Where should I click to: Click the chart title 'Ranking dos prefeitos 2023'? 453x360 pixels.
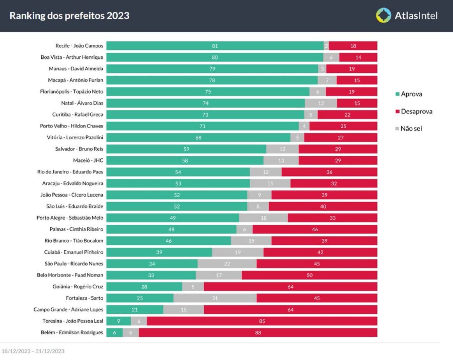[x=69, y=16]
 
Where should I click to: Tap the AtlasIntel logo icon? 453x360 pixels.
[x=383, y=16]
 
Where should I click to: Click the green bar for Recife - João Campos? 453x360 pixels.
[x=215, y=46]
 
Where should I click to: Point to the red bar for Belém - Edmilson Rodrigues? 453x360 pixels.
[x=258, y=333]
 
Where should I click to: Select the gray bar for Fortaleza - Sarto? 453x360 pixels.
[x=215, y=298]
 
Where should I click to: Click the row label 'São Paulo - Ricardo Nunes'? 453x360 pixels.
[x=74, y=264]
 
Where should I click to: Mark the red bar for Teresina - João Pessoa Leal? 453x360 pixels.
[x=262, y=321]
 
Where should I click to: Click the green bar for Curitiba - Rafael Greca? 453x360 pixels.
[x=205, y=115]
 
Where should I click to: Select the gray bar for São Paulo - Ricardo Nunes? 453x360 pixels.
[x=227, y=264]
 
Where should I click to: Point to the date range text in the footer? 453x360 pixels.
[x=33, y=351]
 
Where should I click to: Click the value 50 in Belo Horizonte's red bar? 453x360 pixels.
[x=309, y=275]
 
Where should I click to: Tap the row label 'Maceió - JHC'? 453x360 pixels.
[x=88, y=160]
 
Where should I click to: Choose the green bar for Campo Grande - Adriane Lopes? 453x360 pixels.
[x=135, y=310]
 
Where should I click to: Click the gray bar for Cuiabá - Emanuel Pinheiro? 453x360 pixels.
[x=238, y=252]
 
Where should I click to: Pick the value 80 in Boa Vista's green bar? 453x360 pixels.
[x=214, y=57]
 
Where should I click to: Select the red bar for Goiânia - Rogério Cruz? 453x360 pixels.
[x=291, y=287]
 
